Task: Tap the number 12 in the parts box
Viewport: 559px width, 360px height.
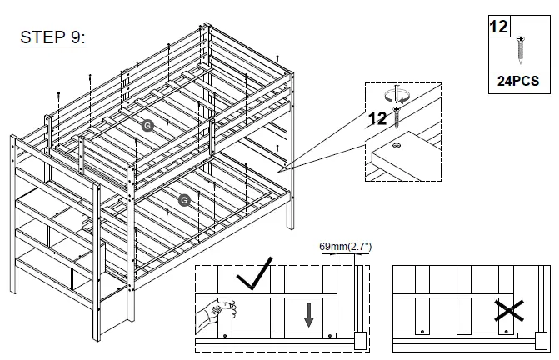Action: click(x=499, y=27)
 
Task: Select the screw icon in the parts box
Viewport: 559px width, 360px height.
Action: click(x=522, y=49)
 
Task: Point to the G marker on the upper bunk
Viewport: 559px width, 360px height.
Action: click(x=147, y=125)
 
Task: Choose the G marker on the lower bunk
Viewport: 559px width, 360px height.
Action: click(x=184, y=199)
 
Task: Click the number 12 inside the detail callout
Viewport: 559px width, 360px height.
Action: click(x=377, y=118)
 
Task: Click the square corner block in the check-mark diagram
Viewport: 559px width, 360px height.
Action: click(x=359, y=340)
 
